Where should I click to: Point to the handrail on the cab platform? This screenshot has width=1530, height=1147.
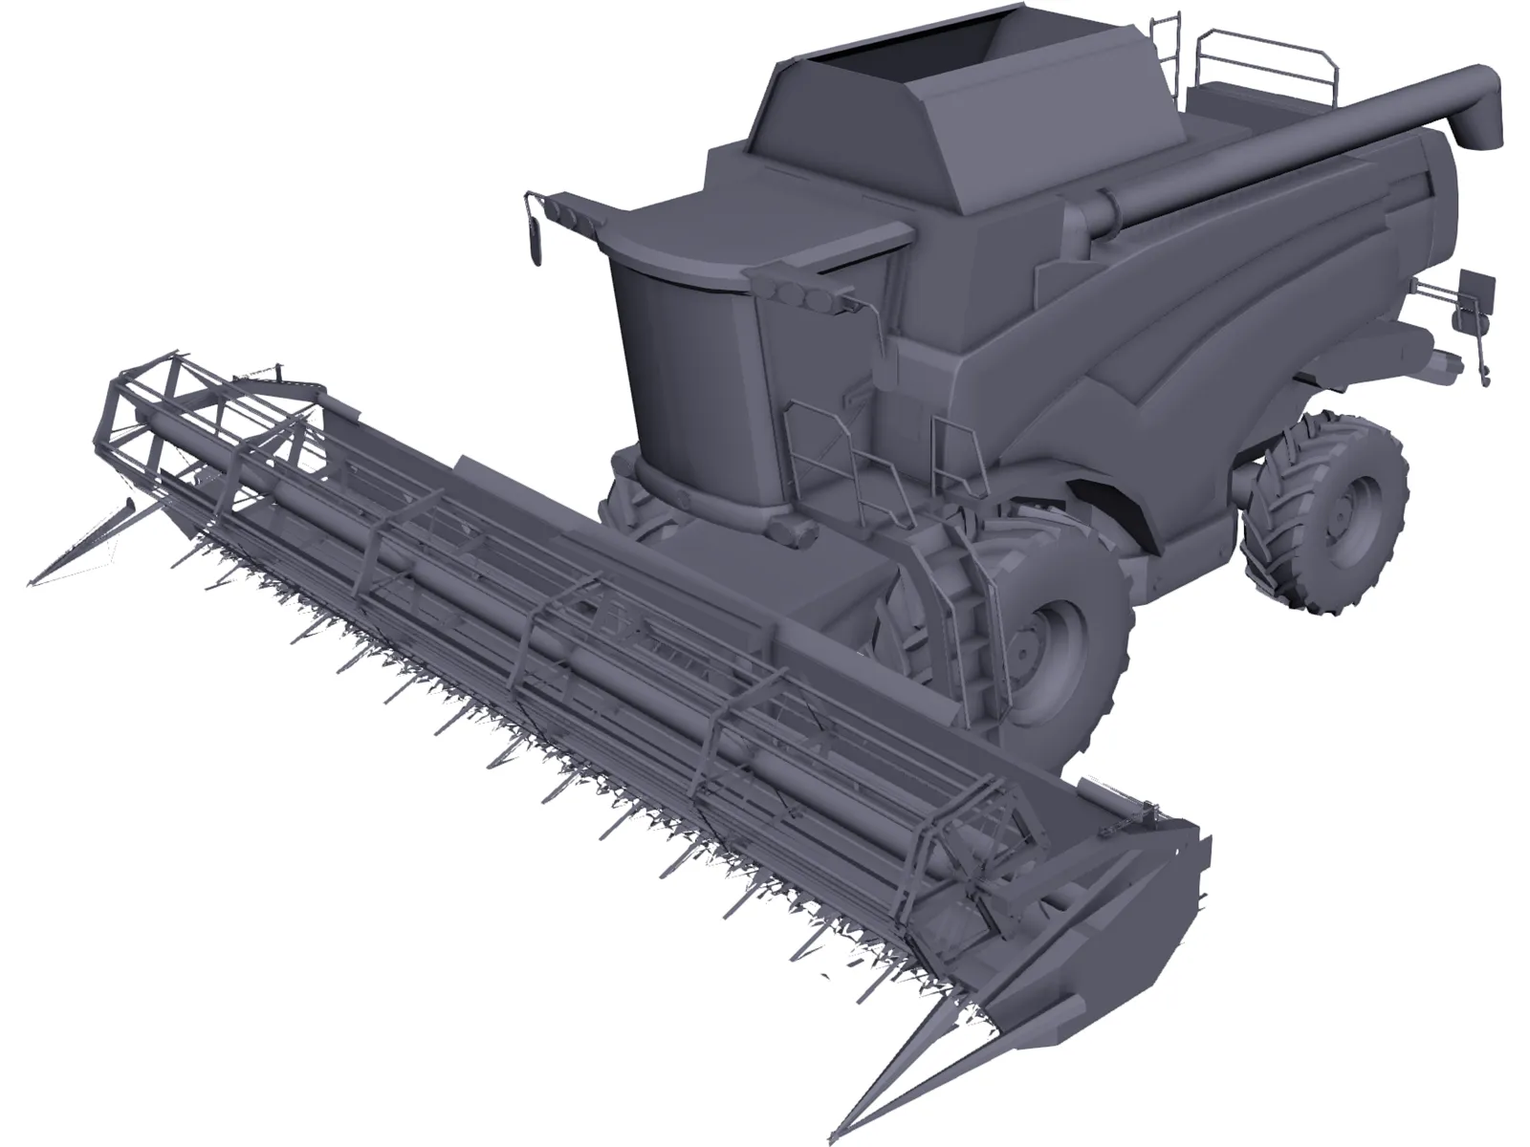tap(822, 449)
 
